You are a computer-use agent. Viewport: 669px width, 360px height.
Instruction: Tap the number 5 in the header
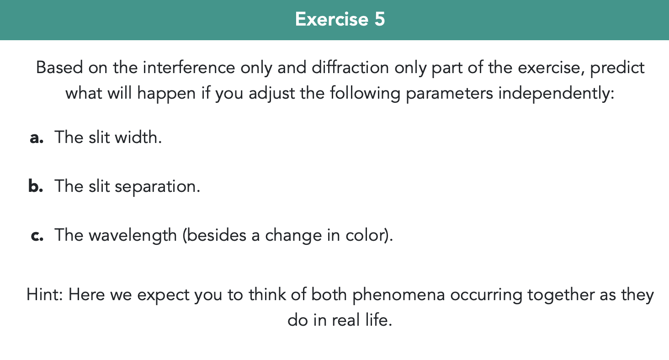(380, 19)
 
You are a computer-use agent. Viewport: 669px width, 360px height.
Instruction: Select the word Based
(59, 68)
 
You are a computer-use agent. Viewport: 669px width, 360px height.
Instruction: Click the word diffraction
(350, 68)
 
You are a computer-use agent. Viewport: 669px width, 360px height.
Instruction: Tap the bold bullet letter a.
(36, 137)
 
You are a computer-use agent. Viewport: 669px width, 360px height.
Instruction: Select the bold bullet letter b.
(36, 186)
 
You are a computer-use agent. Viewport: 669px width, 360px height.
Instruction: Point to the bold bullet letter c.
(36, 235)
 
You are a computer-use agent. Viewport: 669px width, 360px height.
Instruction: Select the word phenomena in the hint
(398, 295)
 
